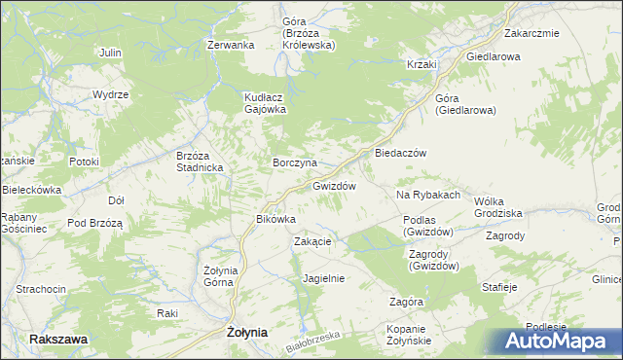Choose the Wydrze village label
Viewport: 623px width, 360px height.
[110, 94]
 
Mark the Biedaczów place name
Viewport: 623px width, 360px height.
[395, 154]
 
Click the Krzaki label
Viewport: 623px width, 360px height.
[421, 64]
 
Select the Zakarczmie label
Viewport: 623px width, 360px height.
[531, 33]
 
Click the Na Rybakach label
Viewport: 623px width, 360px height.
[427, 196]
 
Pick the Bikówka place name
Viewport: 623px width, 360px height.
[275, 219]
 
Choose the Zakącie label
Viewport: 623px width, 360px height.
[313, 241]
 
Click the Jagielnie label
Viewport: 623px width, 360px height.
[324, 277]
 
